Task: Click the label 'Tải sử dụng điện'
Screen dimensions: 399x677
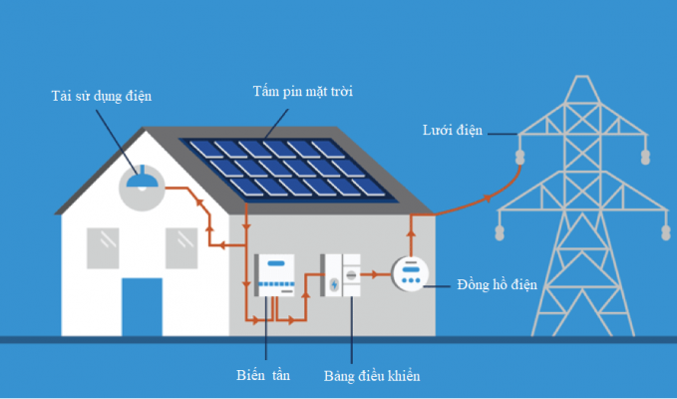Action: pos(101,97)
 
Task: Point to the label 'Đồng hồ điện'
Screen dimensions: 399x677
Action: pos(497,284)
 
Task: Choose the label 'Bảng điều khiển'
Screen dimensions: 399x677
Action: pos(372,377)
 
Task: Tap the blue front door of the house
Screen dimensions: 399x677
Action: pos(142,306)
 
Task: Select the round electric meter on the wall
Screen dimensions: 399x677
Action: pos(409,274)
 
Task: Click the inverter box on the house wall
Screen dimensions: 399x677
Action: pos(276,274)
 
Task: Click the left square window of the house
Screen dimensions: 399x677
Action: pos(104,244)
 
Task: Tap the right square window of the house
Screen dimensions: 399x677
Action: pos(181,244)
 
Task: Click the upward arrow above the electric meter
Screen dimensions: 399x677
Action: pos(410,237)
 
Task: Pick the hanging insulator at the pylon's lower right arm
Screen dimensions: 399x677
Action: pos(665,233)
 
